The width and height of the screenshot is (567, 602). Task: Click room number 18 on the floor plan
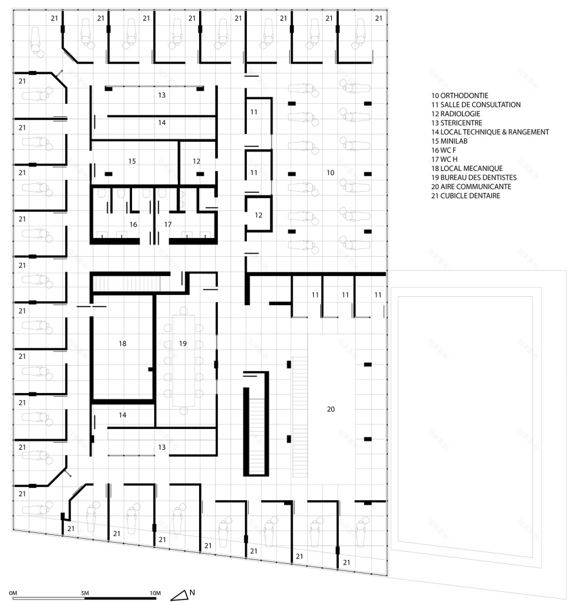click(122, 344)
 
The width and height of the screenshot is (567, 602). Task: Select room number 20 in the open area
click(331, 409)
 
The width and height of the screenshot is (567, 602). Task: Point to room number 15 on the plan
click(132, 161)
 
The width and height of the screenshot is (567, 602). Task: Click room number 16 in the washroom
click(133, 225)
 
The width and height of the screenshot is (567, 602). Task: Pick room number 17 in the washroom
click(168, 225)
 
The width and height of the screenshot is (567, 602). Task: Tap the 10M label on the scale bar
click(155, 592)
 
